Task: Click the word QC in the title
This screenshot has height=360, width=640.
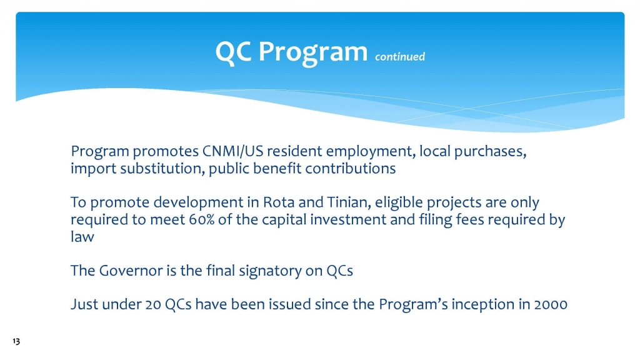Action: tap(233, 52)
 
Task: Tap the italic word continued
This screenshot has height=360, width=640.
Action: tap(400, 56)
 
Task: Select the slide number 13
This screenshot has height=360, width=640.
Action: tap(16, 341)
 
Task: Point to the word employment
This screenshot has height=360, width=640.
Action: tap(371, 152)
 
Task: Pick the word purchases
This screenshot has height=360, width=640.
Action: tap(490, 152)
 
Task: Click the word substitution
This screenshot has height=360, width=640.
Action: tap(162, 169)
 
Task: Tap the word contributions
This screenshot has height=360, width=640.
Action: tap(351, 169)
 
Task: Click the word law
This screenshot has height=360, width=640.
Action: tap(82, 237)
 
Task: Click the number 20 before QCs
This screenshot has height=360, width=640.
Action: tap(153, 304)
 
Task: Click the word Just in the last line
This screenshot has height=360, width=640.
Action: tap(84, 304)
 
